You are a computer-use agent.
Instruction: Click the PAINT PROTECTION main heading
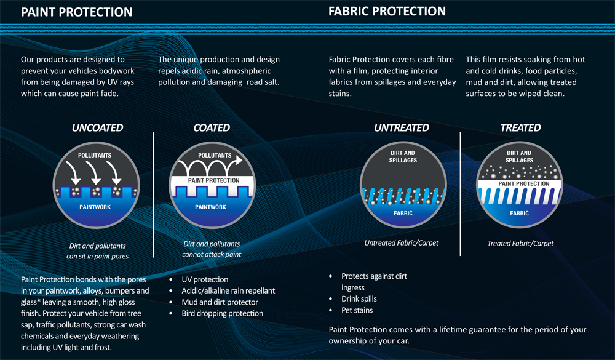76,12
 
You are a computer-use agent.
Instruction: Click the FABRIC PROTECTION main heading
387,12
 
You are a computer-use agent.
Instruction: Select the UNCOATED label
97,127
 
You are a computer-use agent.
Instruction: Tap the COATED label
212,127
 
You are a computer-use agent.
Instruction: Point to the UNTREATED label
401,127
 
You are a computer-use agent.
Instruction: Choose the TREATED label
520,127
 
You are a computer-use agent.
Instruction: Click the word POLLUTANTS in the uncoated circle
95,156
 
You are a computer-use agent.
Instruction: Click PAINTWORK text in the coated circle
210,207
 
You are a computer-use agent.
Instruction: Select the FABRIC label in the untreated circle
403,213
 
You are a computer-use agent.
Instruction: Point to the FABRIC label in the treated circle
519,213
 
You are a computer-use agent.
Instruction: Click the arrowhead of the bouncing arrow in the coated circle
238,160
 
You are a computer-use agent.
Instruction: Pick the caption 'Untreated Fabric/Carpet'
401,243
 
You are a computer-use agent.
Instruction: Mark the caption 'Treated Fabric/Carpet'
520,244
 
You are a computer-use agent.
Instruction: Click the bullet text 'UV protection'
205,279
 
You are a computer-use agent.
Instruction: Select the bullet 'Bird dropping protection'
223,313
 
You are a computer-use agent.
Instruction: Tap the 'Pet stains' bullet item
357,310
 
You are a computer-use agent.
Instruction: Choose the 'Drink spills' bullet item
359,298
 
